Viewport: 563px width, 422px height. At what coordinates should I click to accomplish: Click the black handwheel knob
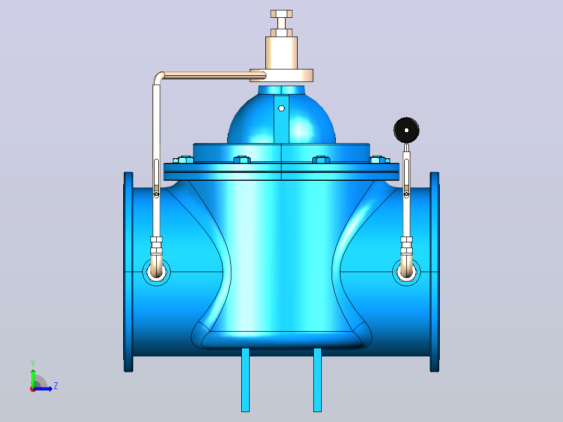tap(406, 130)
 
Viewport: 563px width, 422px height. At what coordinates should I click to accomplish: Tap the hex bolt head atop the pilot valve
tap(282, 14)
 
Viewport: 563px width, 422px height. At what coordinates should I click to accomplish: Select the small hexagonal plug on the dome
tap(282, 108)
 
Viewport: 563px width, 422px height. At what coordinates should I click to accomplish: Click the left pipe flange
tap(128, 272)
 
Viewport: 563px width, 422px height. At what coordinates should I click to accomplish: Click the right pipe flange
tap(435, 272)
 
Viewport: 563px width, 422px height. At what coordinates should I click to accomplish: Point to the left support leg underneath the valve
tap(245, 380)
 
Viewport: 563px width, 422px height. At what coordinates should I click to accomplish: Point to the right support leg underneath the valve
tap(318, 380)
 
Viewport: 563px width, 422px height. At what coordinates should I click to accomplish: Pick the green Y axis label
tap(33, 363)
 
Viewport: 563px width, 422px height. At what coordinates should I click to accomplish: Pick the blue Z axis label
tap(56, 386)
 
